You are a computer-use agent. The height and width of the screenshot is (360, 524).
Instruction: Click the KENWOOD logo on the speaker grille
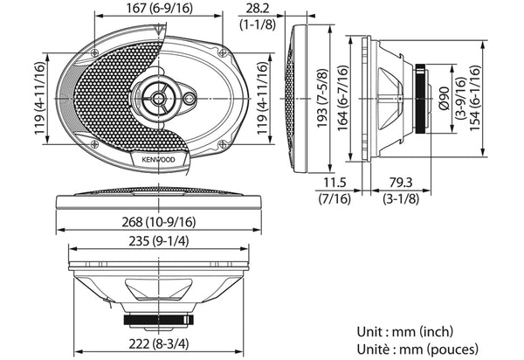click(158, 160)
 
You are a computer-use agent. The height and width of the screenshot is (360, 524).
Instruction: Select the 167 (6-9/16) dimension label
click(160, 8)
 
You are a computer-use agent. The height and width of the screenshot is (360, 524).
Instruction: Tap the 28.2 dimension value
click(258, 9)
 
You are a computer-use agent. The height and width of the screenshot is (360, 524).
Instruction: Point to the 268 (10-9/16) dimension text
click(158, 222)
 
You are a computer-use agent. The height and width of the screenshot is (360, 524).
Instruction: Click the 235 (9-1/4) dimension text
click(159, 241)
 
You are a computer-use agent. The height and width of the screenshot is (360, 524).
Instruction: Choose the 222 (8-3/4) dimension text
click(159, 343)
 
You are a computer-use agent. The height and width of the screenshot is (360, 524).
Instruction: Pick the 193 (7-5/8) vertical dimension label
click(323, 98)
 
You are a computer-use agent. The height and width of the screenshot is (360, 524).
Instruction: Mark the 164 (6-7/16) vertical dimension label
click(343, 98)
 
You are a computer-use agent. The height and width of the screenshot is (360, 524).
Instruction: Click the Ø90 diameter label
click(445, 98)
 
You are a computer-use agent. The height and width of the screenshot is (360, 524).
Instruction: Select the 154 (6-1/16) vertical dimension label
click(475, 98)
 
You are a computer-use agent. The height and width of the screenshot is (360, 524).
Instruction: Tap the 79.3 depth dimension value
click(401, 183)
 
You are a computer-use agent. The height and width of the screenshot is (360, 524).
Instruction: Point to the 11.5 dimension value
click(334, 183)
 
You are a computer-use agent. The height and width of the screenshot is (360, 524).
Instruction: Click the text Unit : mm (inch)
click(405, 332)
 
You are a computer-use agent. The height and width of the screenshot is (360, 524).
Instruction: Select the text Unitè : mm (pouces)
click(417, 350)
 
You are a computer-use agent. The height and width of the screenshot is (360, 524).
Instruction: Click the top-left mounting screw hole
click(94, 52)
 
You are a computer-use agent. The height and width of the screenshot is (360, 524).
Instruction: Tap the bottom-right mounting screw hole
click(223, 144)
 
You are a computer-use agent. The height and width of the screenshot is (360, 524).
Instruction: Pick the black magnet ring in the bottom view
click(158, 320)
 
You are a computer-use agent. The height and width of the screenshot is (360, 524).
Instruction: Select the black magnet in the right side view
click(421, 99)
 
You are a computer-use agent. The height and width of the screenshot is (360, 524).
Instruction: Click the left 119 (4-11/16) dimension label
click(40, 98)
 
